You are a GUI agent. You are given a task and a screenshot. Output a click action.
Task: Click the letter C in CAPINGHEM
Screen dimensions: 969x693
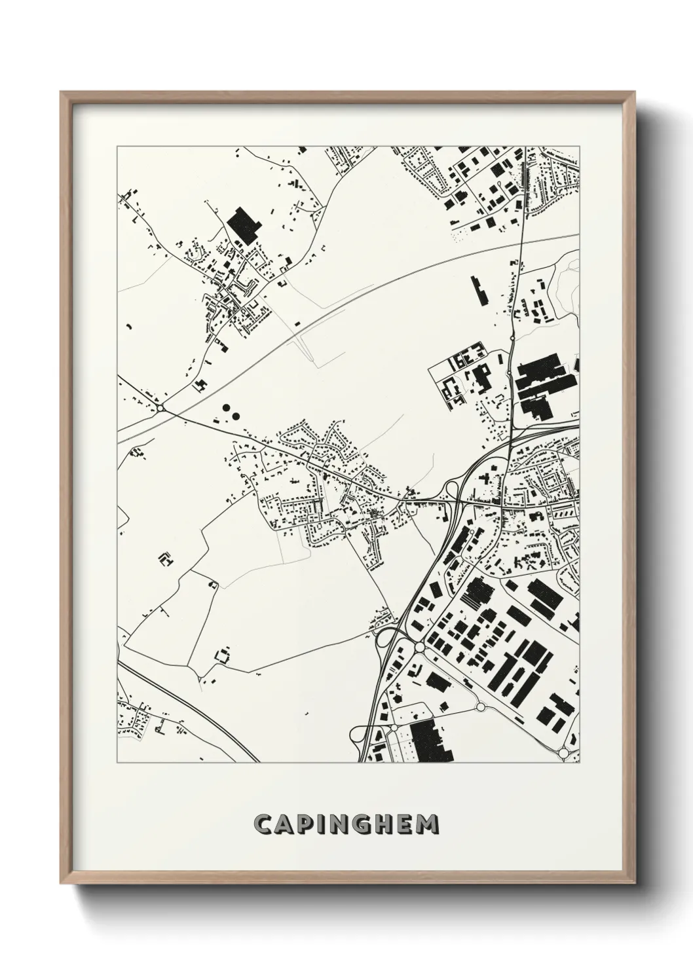pos(264,824)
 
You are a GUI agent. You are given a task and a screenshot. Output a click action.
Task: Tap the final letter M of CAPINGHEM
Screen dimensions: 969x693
pos(427,824)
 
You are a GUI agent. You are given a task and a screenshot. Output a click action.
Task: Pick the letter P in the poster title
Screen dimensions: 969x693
pos(305,824)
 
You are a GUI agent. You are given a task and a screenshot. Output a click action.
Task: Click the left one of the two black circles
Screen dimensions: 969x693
pos(225,408)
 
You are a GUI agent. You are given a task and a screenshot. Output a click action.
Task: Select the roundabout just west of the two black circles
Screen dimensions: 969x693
pos(160,409)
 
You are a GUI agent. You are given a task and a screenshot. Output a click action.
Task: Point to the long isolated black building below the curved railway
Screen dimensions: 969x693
pos(479,291)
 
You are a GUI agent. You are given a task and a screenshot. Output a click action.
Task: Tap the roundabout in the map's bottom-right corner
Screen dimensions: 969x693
pos(563,753)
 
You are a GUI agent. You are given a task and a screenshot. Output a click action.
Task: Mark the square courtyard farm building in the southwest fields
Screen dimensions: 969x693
pos(223,655)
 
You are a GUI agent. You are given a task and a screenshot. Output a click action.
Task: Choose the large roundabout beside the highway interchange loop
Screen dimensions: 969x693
pos(419,647)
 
